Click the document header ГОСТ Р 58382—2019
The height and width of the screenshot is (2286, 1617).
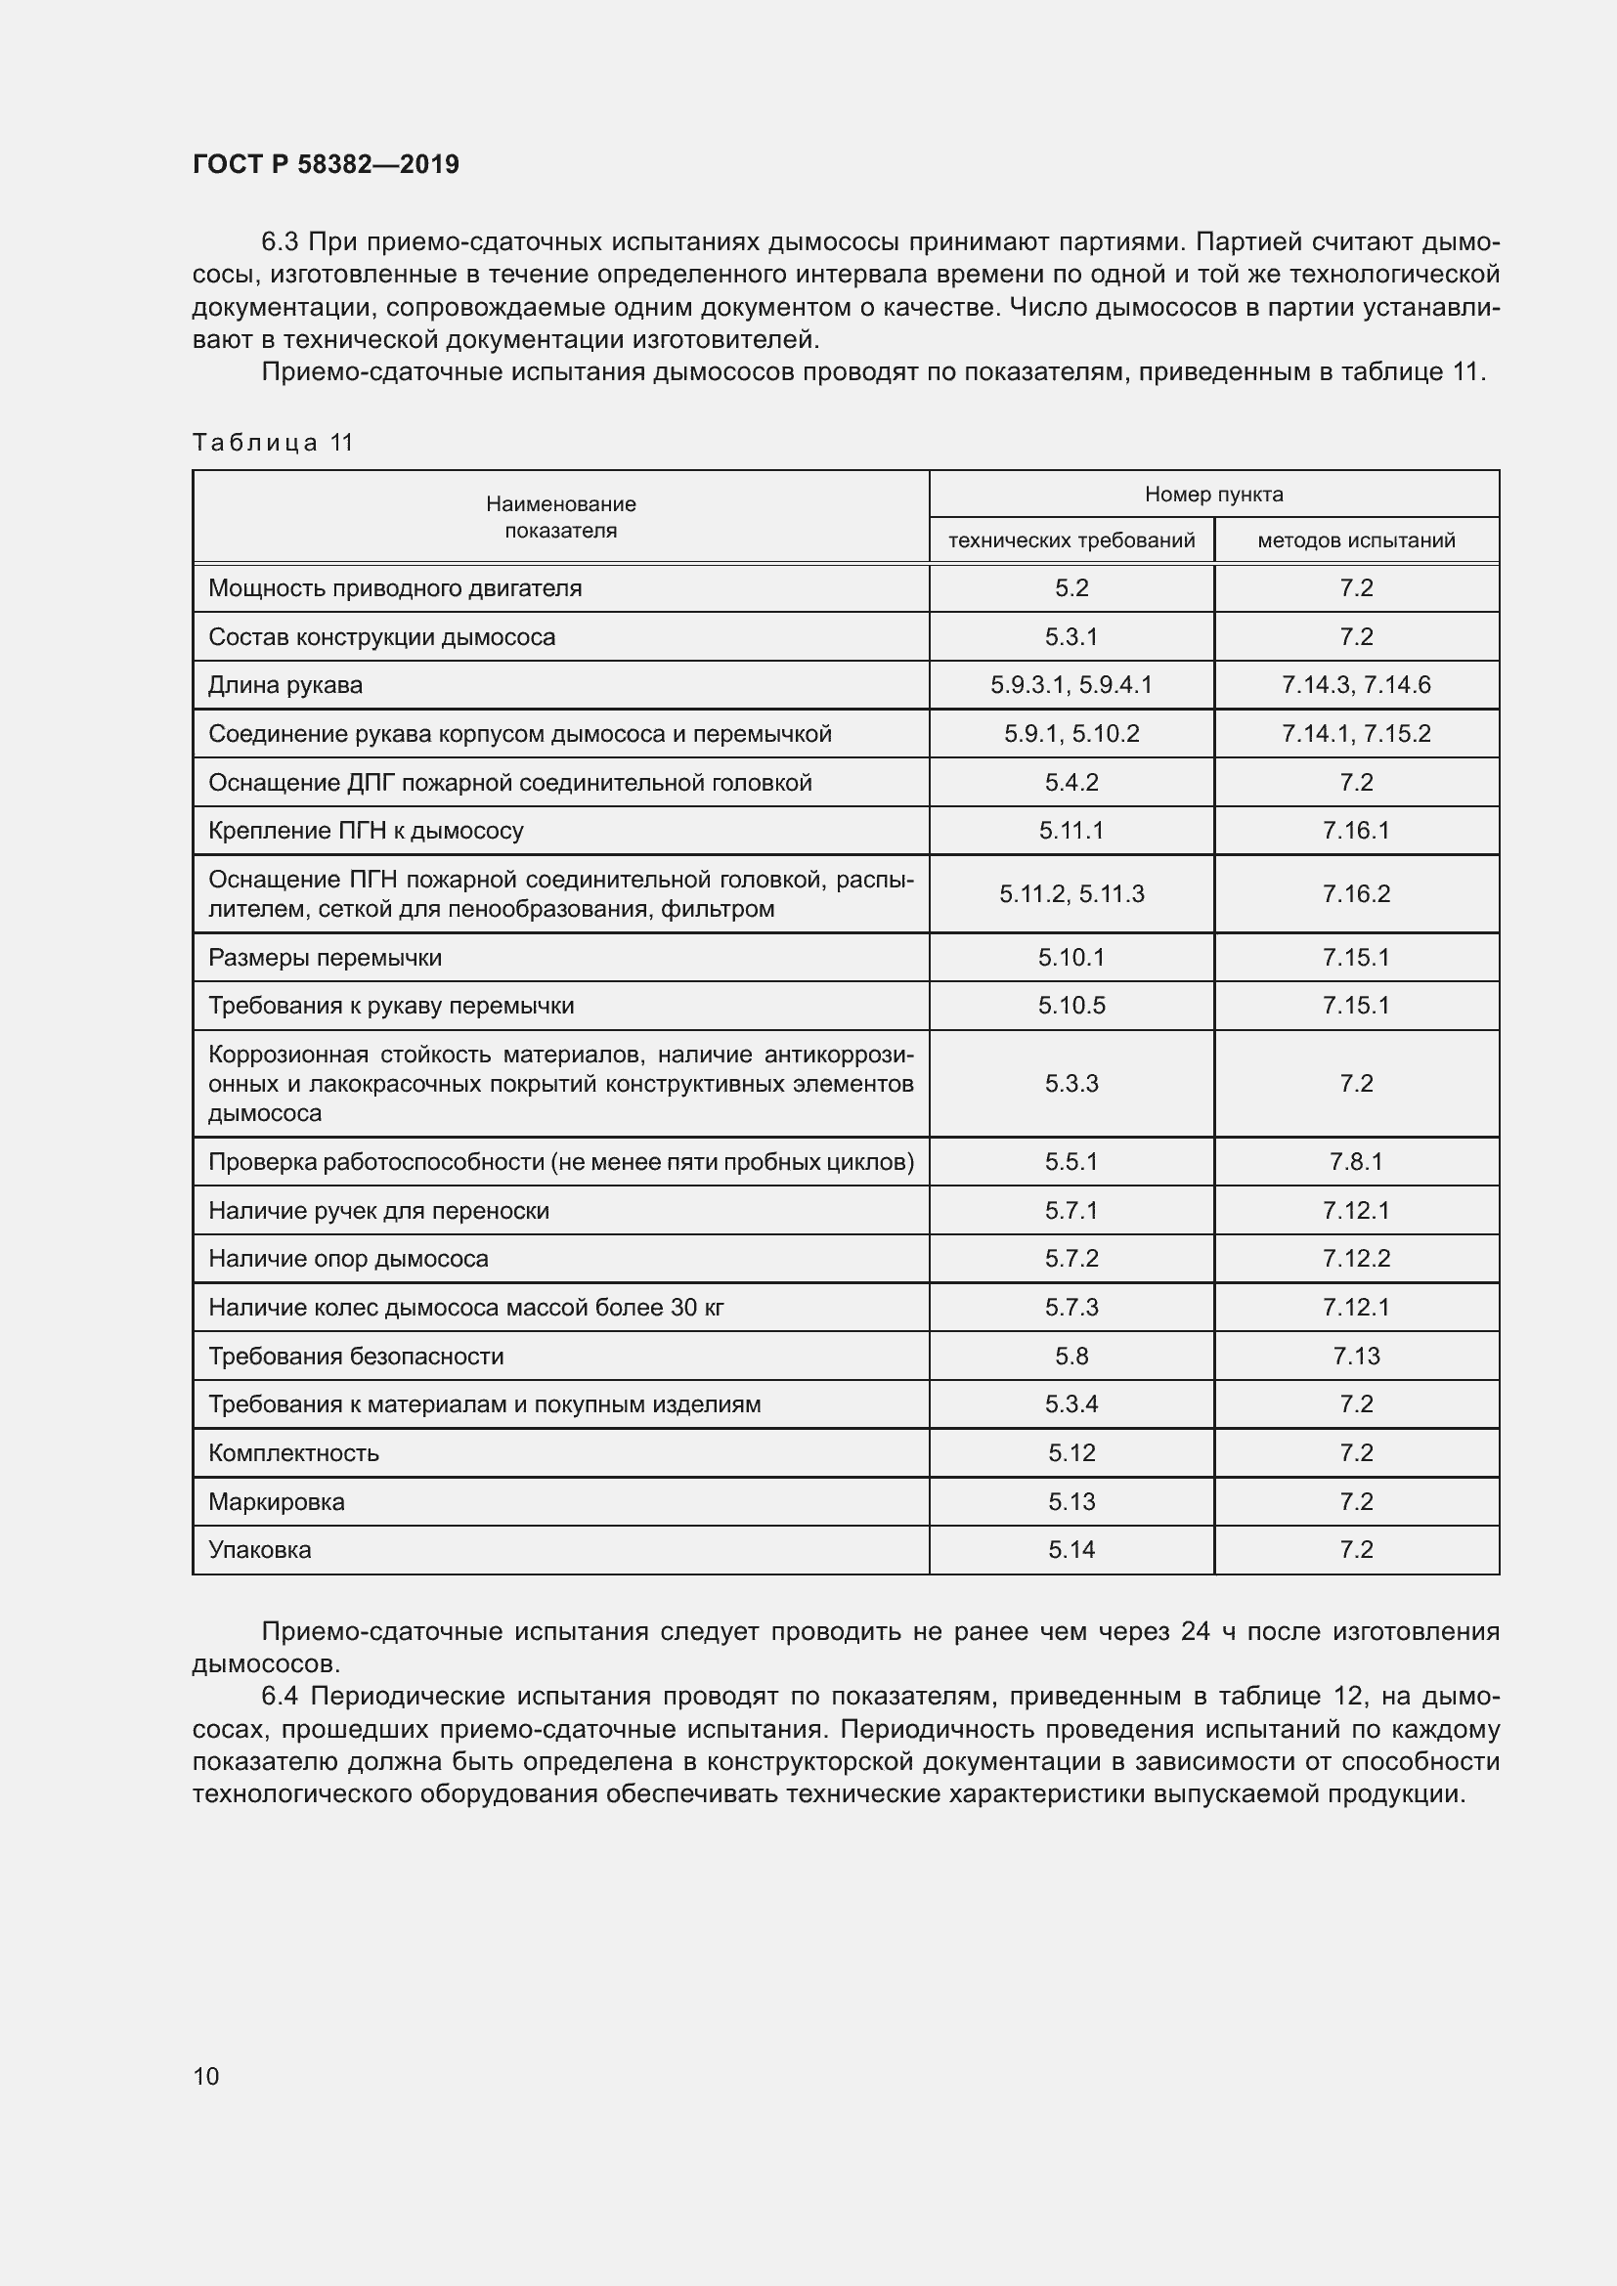[326, 164]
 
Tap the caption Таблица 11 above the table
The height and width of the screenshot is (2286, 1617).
[273, 442]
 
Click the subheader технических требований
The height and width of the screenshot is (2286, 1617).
[1071, 540]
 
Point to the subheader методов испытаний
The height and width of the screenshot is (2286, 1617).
[1355, 540]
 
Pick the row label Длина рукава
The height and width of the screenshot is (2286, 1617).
[284, 685]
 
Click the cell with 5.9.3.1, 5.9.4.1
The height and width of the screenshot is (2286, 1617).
[1071, 685]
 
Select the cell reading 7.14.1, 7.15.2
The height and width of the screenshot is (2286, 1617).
[1355, 734]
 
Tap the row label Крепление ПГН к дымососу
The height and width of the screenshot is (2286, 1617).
[366, 831]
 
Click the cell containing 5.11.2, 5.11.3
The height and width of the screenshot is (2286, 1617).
[1071, 894]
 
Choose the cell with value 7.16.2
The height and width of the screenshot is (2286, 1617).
[1355, 894]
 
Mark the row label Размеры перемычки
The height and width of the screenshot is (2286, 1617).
[325, 958]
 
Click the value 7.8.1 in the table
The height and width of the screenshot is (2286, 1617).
[1355, 1162]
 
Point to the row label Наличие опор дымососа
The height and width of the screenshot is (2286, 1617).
[347, 1259]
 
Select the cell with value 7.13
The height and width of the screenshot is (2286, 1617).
[1355, 1357]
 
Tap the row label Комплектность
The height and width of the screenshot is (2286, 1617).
[292, 1452]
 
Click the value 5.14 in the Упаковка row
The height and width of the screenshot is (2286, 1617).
[1071, 1549]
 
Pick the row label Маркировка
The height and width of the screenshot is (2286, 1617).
[276, 1501]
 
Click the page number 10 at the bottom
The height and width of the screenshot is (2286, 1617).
[205, 2076]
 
